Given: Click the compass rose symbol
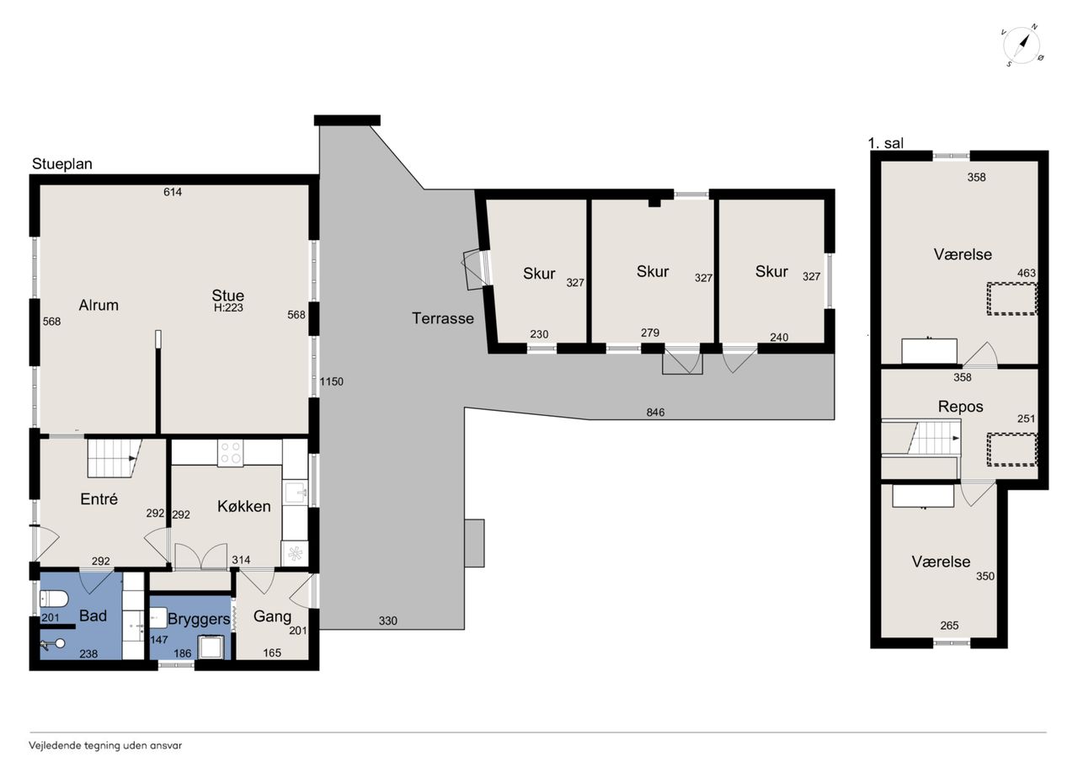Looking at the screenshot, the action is pos(1022,45).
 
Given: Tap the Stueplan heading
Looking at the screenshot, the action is pos(62,164).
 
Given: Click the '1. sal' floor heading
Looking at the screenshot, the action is pos(885,143).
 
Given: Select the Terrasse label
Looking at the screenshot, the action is pos(443,318).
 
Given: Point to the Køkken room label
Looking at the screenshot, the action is pos(244,506).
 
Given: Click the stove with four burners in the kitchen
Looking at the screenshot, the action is pos(230,453).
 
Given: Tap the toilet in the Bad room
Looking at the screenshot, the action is pos(53,599).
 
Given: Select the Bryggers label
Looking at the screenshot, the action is pos(199,619).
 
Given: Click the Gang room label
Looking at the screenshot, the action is pos(272,616).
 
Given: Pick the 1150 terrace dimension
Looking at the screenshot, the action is pos(332,382).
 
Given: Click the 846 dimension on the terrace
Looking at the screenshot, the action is pos(655,413).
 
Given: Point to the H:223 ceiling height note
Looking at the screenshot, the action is pos(228,308).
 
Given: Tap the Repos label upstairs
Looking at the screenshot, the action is pos(960,407).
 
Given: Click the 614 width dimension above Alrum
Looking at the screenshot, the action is pos(173,193).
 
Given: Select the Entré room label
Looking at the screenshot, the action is pos(99,498).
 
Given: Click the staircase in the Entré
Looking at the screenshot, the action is pos(115,458).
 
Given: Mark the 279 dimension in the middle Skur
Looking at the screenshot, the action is pos(650,333).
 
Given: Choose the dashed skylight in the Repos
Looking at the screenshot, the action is pos(1012,450).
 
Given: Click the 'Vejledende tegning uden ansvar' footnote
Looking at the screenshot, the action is pos(105,746).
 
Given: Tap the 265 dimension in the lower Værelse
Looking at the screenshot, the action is pos(949,626).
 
